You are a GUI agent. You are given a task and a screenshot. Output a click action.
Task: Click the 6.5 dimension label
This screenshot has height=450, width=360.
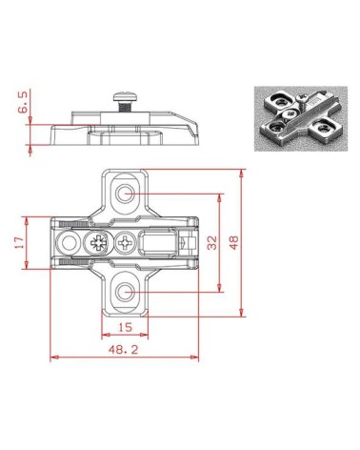(23, 102)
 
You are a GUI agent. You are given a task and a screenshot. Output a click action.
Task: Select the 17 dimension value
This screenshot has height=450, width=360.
(20, 243)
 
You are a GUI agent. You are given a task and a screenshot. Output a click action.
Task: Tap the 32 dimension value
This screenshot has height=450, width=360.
(212, 243)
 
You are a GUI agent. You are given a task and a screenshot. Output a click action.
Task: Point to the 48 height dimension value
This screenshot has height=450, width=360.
(233, 243)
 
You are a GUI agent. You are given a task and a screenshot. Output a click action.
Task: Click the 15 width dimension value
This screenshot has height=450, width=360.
(126, 327)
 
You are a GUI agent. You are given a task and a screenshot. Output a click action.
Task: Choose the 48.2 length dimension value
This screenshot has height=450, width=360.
(124, 350)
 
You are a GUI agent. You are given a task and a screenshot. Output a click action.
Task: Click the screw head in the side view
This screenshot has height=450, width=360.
(123, 96)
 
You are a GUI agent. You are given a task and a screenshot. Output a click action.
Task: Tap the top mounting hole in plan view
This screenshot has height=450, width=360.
(125, 194)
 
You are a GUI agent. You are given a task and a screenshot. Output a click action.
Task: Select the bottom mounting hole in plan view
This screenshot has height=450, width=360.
(125, 292)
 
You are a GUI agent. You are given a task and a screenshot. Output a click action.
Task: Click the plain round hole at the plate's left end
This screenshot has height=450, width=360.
(68, 243)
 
